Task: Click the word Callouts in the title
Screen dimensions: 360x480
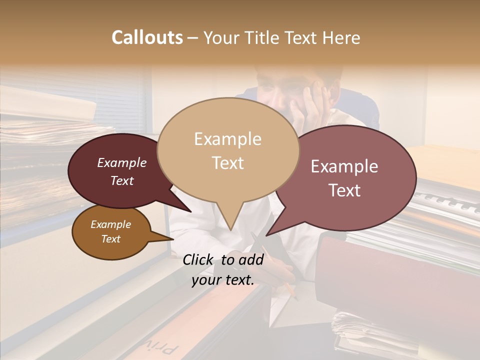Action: [147, 37]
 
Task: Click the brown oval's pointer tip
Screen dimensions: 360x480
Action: [173, 238]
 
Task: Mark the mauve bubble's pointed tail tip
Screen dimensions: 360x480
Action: [266, 235]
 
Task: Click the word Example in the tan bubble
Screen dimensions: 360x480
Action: [227, 138]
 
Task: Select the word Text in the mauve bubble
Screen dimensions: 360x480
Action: [344, 190]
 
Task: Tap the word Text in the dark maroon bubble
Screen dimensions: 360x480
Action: [122, 181]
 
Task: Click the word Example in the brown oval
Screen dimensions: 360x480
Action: [110, 224]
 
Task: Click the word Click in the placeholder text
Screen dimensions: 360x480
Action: [199, 259]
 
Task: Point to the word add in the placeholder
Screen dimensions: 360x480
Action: [252, 259]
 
